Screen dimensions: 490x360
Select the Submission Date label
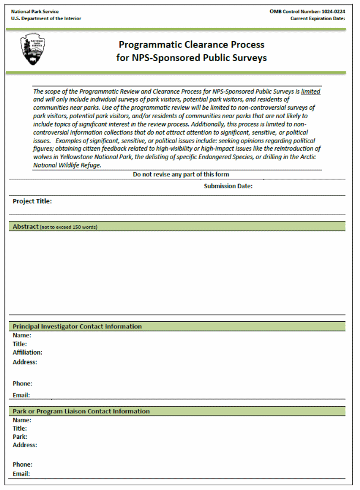[228, 186]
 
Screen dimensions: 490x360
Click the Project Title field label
[32, 201]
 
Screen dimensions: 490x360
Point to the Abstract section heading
[26, 227]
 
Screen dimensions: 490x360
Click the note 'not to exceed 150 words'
[69, 227]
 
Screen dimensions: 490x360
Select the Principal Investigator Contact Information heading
[77, 327]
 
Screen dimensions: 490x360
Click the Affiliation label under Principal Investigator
[27, 352]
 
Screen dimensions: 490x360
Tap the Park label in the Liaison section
[20, 437]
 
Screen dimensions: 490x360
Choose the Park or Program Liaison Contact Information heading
[81, 411]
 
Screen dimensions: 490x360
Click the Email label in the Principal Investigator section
[21, 395]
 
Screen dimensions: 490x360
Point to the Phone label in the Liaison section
[22, 464]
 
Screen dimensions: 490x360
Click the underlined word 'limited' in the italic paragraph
[310, 92]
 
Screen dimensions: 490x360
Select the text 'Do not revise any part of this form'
[181, 175]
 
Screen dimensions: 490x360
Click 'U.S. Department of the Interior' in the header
[46, 18]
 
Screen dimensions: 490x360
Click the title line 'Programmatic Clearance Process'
[191, 45]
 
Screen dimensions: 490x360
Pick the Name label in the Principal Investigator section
[21, 336]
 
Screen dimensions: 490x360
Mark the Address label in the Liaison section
[24, 445]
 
